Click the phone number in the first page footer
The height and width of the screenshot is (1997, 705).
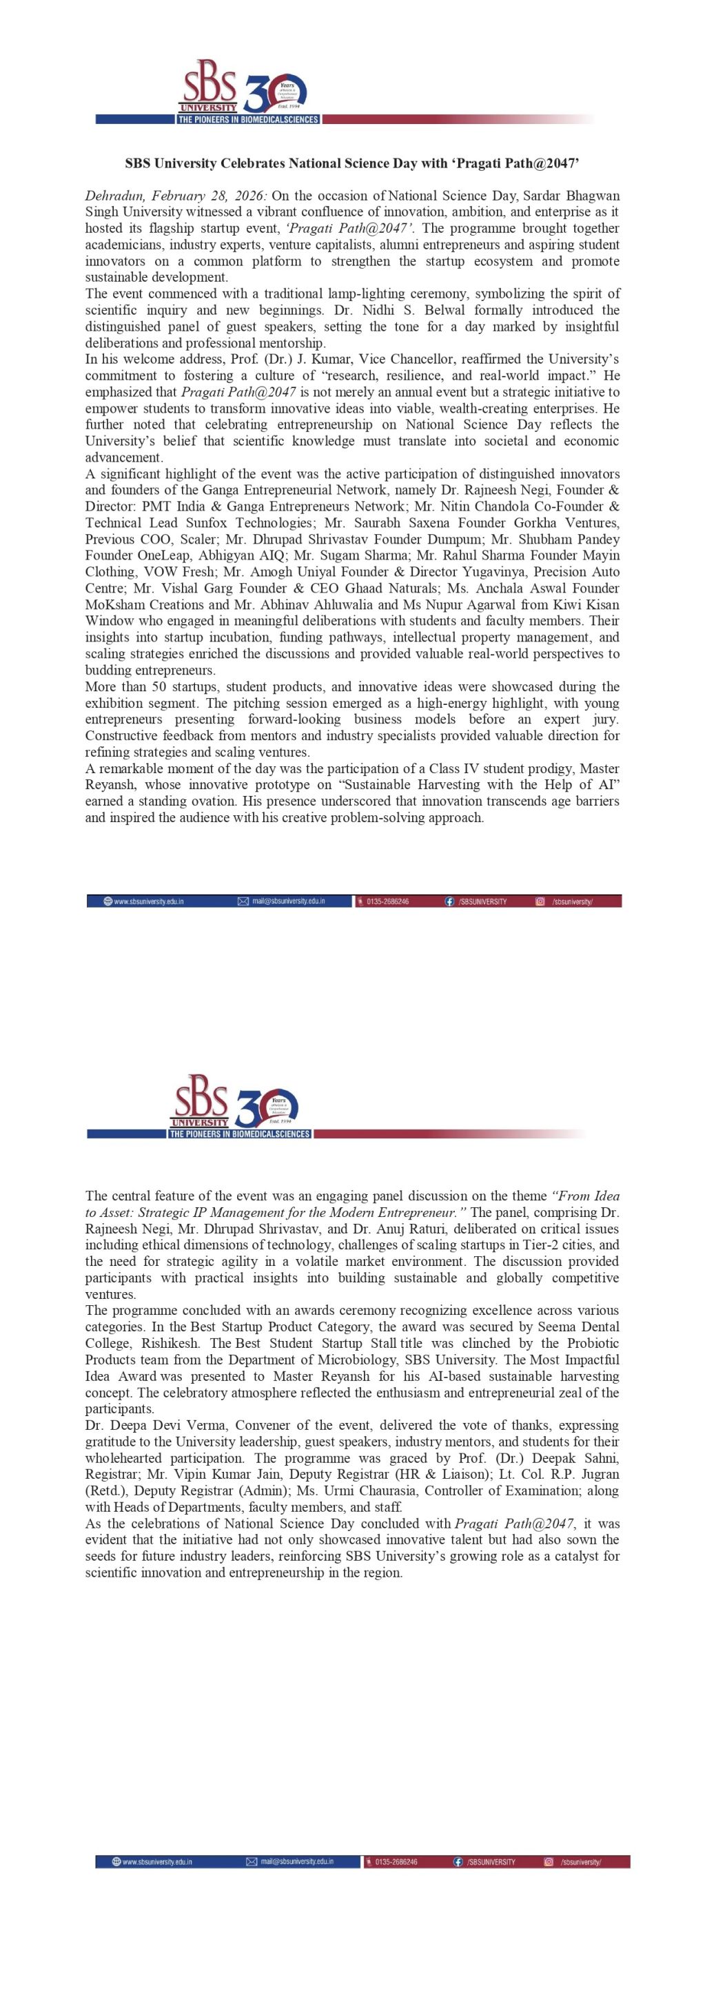coord(387,901)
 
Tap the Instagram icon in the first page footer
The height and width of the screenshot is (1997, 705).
coord(540,901)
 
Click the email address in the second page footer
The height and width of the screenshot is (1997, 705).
coord(297,1861)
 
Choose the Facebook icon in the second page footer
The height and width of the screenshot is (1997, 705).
coord(458,1861)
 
